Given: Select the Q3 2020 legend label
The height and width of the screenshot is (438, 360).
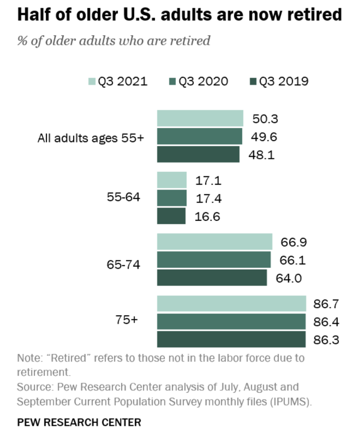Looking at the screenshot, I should (x=203, y=81).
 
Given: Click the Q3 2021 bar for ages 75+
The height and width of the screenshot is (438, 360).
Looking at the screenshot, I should (x=231, y=303).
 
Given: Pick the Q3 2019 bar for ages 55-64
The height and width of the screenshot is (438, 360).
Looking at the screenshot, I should (x=171, y=216).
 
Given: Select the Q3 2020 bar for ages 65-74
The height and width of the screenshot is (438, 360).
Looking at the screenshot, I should (x=214, y=260).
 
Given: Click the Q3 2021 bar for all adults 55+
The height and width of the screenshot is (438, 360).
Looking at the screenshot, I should (x=200, y=118).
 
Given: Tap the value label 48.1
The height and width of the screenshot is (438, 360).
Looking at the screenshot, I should (x=262, y=155).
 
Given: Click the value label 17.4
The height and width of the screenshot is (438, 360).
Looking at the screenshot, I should (x=209, y=198).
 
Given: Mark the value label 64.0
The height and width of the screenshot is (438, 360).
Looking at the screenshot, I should (x=289, y=278).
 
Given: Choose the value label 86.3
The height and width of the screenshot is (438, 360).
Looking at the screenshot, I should (x=326, y=340).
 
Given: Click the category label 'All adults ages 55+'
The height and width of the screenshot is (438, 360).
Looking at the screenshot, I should (x=91, y=138).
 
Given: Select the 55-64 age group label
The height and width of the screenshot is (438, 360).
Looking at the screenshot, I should (x=123, y=198).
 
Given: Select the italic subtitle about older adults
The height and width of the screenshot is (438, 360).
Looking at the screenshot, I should (x=114, y=41).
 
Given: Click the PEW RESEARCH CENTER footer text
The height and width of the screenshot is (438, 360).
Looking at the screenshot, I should (x=79, y=423).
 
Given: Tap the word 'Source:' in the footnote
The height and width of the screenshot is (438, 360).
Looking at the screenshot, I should (x=32, y=388).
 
